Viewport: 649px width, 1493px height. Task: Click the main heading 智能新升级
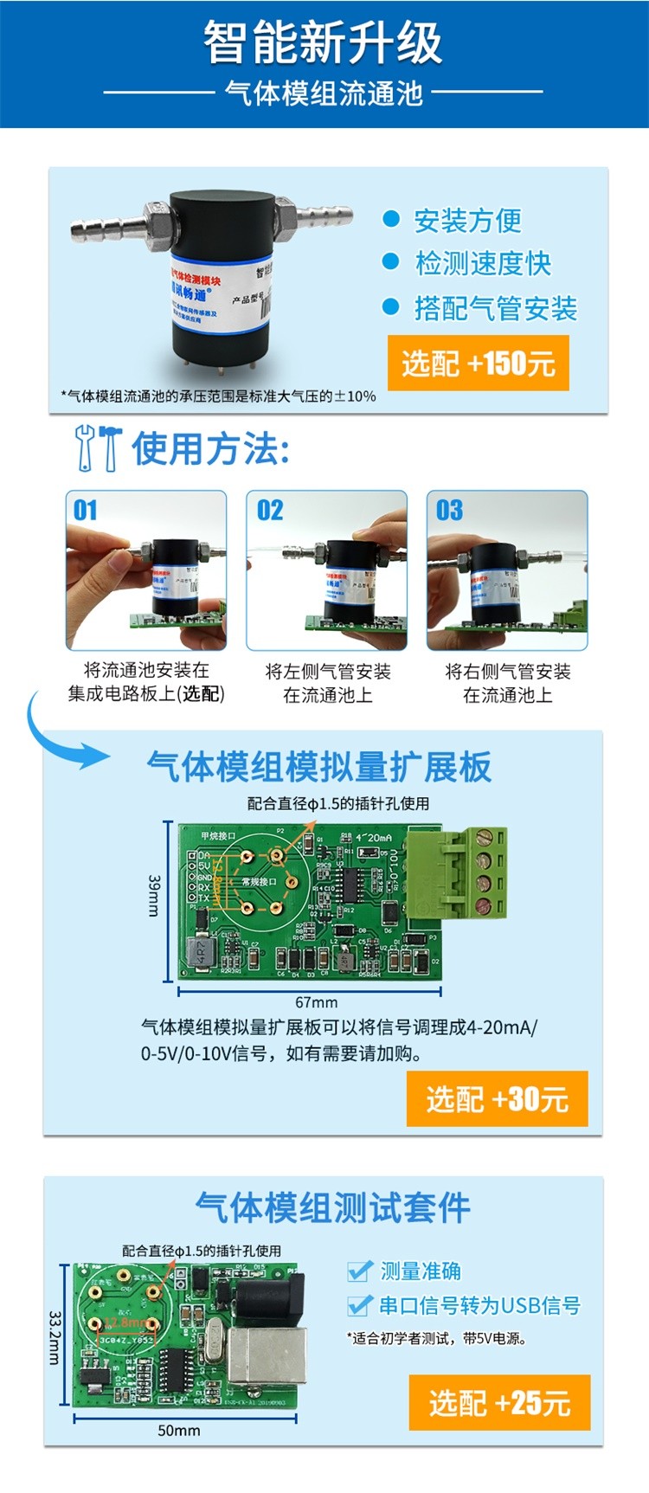[x=323, y=43]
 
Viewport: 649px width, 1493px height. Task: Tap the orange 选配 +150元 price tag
[x=478, y=363]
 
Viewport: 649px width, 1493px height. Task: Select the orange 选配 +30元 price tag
[x=497, y=1098]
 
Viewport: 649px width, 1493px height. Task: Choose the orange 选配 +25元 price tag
[x=499, y=1402]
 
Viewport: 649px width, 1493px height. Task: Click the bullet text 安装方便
[x=467, y=221]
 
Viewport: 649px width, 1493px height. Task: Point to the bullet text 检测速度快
[x=483, y=264]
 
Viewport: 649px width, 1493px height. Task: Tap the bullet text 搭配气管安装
[x=495, y=308]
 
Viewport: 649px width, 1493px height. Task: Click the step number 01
[x=86, y=510]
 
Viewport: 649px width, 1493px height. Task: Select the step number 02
[x=270, y=510]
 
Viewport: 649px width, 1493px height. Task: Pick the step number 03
[x=449, y=510]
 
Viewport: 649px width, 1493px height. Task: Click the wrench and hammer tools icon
[x=98, y=447]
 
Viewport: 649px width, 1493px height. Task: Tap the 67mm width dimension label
[x=316, y=1002]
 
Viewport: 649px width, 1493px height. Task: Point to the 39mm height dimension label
[x=154, y=895]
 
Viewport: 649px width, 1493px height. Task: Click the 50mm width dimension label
[x=178, y=1431]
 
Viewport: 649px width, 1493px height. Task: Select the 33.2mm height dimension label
[x=54, y=1336]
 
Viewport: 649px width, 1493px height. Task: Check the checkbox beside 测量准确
[x=359, y=1271]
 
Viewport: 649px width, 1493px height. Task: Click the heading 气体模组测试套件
[x=332, y=1207]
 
